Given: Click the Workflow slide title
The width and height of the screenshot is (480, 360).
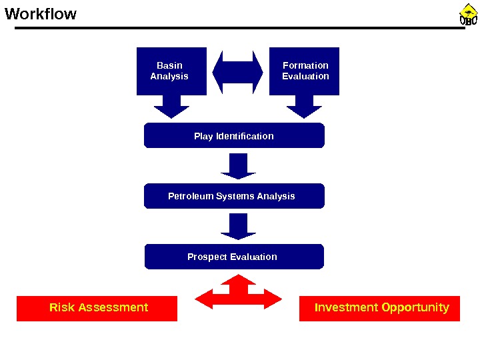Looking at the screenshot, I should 41,14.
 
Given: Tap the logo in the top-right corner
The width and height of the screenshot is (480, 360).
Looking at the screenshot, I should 469,15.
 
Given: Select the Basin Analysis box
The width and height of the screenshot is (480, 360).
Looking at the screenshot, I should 171,71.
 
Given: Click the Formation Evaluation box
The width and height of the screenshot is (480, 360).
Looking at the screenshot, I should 304,71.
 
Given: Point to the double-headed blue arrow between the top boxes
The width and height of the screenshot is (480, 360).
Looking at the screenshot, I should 237,73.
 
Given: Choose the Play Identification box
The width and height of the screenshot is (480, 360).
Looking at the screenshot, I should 234,135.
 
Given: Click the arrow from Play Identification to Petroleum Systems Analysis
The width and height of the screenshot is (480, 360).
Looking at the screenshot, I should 238,166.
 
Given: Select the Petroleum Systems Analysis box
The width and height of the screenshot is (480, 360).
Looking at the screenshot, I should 234,196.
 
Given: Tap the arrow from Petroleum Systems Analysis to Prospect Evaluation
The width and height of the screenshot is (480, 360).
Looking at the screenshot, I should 238,226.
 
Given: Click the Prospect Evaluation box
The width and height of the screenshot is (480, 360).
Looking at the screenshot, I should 234,257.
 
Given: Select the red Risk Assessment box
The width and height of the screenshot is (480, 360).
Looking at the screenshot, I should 97,308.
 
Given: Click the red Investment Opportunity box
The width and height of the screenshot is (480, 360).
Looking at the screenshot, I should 380,308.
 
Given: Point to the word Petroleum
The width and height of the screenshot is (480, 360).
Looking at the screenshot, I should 189,196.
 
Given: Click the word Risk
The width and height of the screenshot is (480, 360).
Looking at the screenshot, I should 62,307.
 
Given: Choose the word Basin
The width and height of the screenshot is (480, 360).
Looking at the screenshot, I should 169,65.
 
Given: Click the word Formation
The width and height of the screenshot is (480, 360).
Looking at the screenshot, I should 305,65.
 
